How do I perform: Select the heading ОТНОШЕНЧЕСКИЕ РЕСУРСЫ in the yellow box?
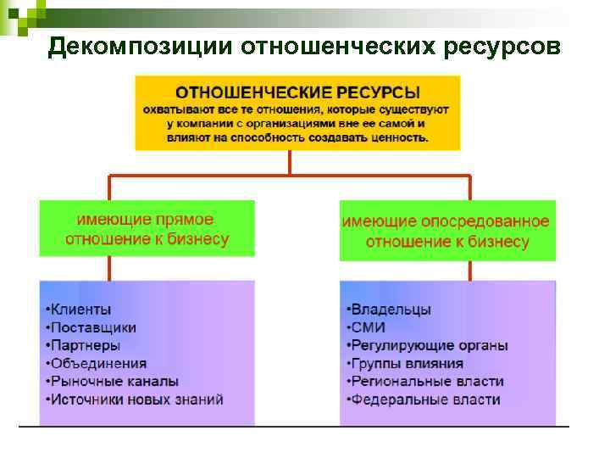pyautogui.click(x=297, y=91)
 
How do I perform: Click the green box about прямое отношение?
pyautogui.click(x=147, y=228)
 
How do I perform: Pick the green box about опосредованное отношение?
pyautogui.click(x=447, y=231)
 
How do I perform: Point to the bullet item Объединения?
pyautogui.click(x=97, y=364)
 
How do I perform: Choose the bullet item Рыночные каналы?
pyautogui.click(x=112, y=382)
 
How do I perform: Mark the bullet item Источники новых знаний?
pyautogui.click(x=135, y=399)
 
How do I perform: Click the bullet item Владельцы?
pyautogui.click(x=390, y=310)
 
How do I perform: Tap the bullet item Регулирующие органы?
pyautogui.click(x=429, y=346)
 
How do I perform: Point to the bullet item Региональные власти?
pyautogui.click(x=426, y=382)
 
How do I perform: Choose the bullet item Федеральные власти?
pyautogui.click(x=424, y=399)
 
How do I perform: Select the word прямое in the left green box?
pyautogui.click(x=185, y=220)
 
